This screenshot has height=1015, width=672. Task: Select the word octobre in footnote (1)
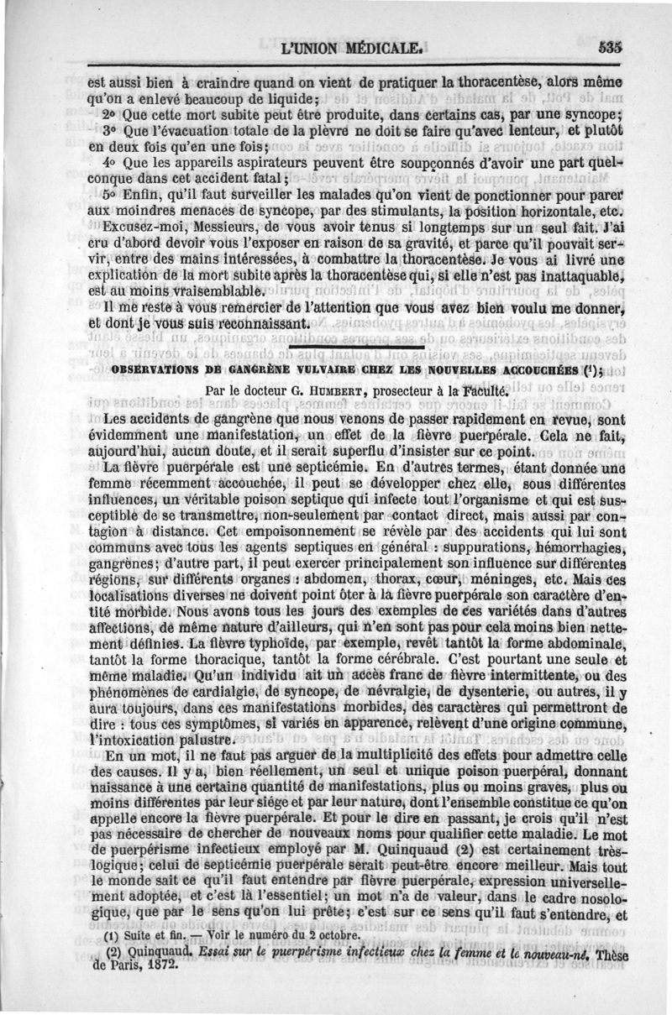coord(338,934)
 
